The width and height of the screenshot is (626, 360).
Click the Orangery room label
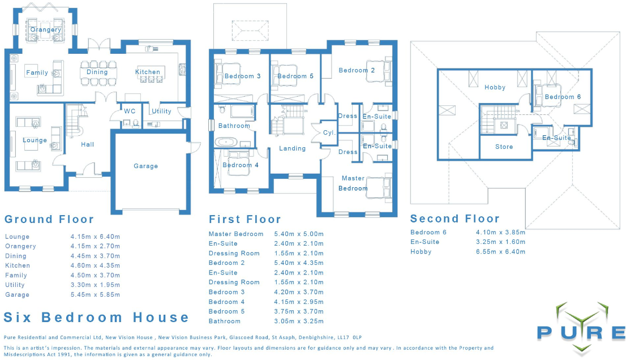pos(46,29)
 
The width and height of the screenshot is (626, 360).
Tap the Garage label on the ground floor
pos(145,166)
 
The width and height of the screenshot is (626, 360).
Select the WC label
pos(130,112)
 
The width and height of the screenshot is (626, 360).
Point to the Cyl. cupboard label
pos(329,133)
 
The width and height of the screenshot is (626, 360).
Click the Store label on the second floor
pos(504,147)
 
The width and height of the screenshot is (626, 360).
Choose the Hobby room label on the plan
pos(495,88)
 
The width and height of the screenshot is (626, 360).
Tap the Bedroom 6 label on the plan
pos(563,97)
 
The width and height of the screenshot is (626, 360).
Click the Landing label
pos(292,148)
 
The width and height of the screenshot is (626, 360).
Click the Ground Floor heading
pos(49,219)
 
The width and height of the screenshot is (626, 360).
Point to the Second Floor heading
pos(455,218)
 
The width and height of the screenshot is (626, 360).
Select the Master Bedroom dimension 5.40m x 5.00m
pos(299,234)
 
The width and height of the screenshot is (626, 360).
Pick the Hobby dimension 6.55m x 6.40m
pos(501,251)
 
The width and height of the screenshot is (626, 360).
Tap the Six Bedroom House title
pos(96,317)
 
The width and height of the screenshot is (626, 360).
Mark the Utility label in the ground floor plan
pos(161,111)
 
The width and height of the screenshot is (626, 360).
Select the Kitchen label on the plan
pos(148,72)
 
